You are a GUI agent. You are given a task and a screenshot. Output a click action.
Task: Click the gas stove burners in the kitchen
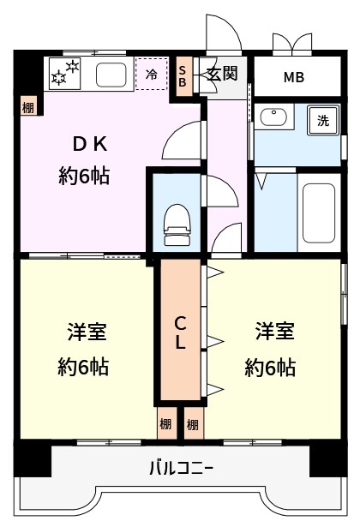point(65,74)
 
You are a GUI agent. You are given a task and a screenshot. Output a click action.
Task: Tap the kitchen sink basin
point(110,75)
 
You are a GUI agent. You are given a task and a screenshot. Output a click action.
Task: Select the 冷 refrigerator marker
point(151,75)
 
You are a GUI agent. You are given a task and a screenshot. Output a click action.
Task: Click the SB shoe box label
point(183,75)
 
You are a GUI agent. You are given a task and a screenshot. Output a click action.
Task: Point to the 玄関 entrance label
point(221,74)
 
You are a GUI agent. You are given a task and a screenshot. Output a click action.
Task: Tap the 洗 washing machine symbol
point(323,121)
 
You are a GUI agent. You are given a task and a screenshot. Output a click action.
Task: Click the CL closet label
point(180,332)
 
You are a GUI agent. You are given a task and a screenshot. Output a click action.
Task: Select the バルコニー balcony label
point(181,469)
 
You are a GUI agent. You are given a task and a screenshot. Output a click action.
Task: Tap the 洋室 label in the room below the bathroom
point(274,331)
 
